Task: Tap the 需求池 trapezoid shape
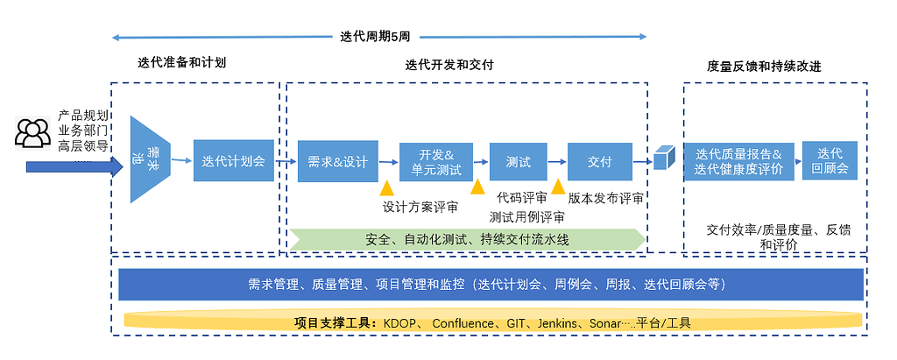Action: point(150,160)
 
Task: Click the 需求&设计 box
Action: point(337,161)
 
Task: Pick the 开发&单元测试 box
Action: point(436,161)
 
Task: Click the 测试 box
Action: point(518,161)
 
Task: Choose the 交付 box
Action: point(599,161)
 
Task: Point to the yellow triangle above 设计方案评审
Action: point(386,188)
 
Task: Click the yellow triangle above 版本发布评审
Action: point(558,187)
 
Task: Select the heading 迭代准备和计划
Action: point(181,63)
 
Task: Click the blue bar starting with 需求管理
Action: point(491,285)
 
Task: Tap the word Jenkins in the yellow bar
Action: point(557,322)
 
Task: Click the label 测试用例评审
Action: point(526,216)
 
